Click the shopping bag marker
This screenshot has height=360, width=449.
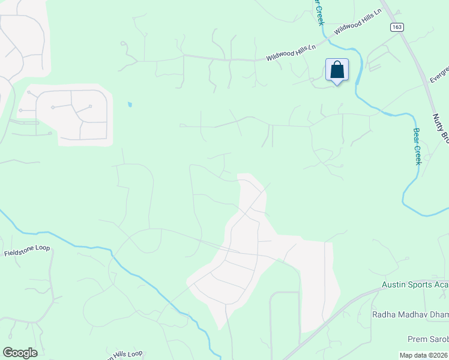[337, 70]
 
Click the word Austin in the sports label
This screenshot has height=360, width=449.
[395, 284]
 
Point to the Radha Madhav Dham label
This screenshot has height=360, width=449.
[410, 314]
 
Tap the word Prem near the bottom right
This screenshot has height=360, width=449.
[418, 338]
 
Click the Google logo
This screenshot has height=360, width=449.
[20, 353]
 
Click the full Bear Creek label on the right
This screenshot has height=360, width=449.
[418, 146]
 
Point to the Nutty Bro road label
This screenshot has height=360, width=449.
[440, 127]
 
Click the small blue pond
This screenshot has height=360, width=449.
[129, 105]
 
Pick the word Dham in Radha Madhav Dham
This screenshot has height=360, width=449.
[437, 314]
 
